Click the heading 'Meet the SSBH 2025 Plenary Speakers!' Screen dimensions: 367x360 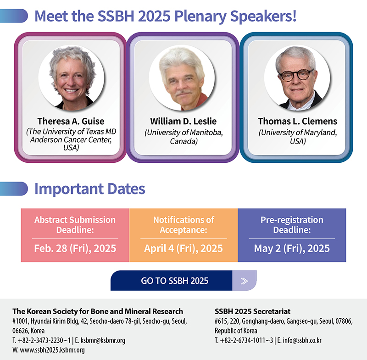coord(166,17)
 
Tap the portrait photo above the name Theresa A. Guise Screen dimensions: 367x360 coord(72,78)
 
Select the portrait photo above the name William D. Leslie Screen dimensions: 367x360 coord(182,78)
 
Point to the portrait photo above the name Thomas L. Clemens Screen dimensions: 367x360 coord(297,78)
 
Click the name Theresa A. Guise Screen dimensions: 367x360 coord(71,121)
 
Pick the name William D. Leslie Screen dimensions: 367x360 coord(183,121)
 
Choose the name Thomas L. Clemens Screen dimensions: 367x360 coord(298,121)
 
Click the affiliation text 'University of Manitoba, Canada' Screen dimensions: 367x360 coord(184,137)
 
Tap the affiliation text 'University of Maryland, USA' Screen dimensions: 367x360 coord(298,137)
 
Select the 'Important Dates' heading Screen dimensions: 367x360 coord(90,189)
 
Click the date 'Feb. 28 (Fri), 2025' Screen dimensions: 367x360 coord(75,249)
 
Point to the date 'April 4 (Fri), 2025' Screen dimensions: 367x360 coord(183,249)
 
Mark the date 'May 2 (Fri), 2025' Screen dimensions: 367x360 coord(292,249)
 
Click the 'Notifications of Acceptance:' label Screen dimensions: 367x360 coord(183,225)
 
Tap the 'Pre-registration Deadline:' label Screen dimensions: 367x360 coord(292,225)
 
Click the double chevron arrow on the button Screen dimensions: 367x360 coord(245,281)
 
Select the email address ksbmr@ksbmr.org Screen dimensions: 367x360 coord(103,340)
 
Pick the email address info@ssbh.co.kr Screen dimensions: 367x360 coord(302,340)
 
